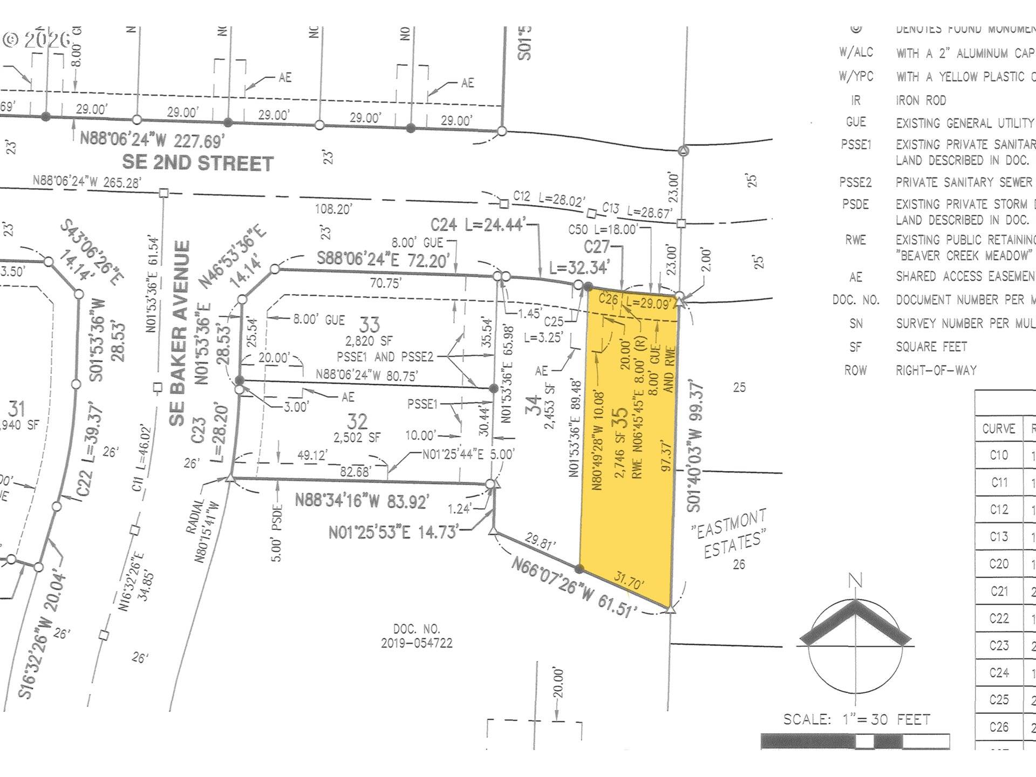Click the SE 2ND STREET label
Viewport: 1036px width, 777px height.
197,163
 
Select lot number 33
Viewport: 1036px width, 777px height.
370,324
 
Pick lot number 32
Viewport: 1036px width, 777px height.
357,421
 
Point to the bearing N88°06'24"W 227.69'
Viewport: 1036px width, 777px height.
152,140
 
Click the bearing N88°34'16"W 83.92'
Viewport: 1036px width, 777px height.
362,501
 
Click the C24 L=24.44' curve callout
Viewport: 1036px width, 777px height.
477,224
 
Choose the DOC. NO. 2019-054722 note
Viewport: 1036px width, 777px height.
417,636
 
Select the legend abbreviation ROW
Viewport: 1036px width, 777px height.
856,370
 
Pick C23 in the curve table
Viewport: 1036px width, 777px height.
999,645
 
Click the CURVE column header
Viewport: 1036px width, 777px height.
999,428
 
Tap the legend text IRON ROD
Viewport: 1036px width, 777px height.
921,100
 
